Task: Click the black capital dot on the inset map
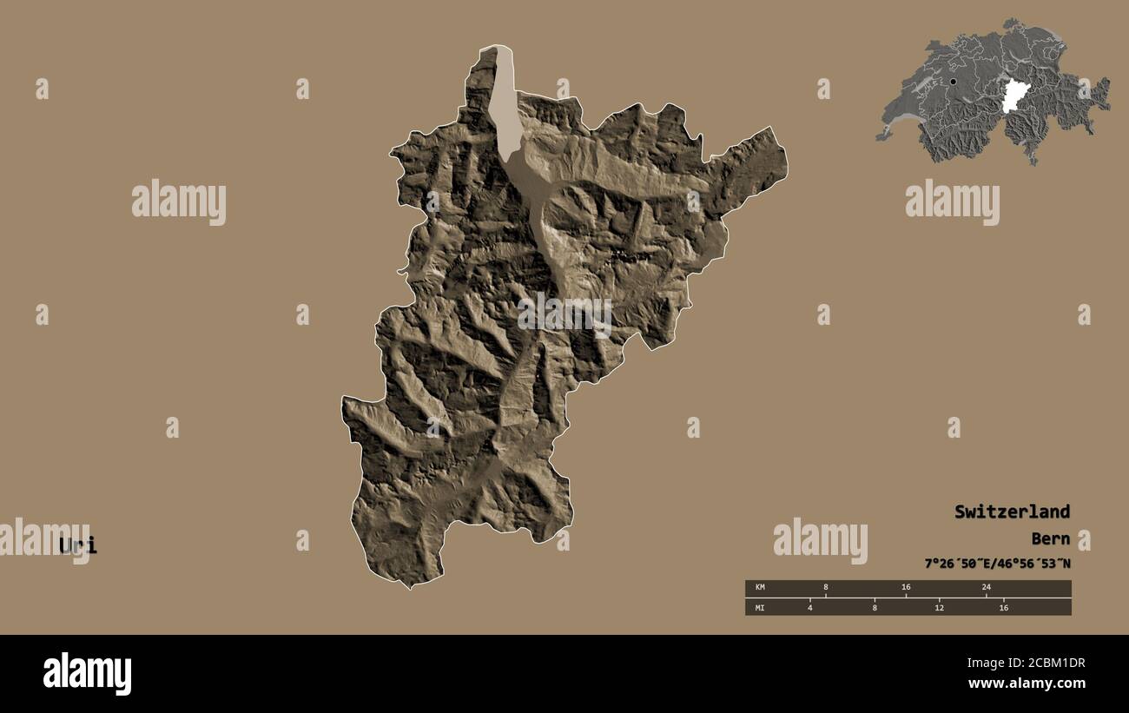pyautogui.click(x=954, y=82)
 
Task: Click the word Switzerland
pyautogui.click(x=1012, y=512)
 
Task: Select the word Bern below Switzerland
pyautogui.click(x=1051, y=538)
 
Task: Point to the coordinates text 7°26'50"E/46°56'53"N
pyautogui.click(x=997, y=564)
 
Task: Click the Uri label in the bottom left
pyautogui.click(x=78, y=545)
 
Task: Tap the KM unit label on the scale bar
pyautogui.click(x=760, y=588)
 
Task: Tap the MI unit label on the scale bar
pyautogui.click(x=760, y=607)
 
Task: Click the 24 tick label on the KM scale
pyautogui.click(x=986, y=588)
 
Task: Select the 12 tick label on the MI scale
pyautogui.click(x=939, y=607)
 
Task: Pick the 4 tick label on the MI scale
pyautogui.click(x=810, y=607)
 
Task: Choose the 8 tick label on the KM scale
pyautogui.click(x=825, y=588)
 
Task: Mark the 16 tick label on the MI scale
pyautogui.click(x=1003, y=607)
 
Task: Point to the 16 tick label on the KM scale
pyautogui.click(x=905, y=588)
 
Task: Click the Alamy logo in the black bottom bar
pyautogui.click(x=87, y=674)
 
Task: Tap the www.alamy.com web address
pyautogui.click(x=1027, y=683)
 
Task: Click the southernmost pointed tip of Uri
pyautogui.click(x=411, y=587)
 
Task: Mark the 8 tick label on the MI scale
pyautogui.click(x=875, y=607)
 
